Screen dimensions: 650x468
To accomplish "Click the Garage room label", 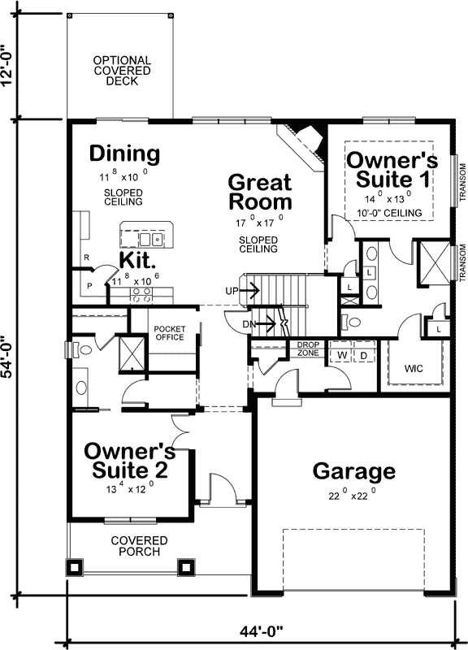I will tap(354, 471).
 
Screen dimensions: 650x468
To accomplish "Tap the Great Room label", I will tap(259, 191).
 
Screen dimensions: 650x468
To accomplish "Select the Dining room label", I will tap(124, 153).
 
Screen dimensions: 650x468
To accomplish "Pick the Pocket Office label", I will tap(170, 333).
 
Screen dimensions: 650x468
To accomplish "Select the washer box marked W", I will tap(342, 355).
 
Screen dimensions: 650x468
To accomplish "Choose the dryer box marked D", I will tap(364, 355).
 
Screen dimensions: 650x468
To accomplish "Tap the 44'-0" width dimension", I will tap(258, 631).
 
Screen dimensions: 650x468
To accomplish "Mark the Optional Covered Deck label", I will tap(121, 71).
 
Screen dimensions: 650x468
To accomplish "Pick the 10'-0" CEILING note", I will tap(389, 213).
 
